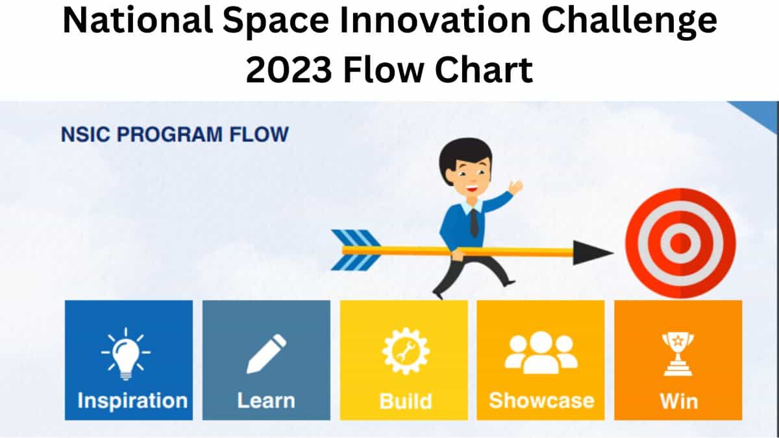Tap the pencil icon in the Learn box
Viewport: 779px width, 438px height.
pyautogui.click(x=266, y=354)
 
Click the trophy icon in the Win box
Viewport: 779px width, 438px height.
pyautogui.click(x=678, y=353)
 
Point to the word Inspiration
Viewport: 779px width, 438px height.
pyautogui.click(x=132, y=400)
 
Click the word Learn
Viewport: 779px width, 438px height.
pyautogui.click(x=266, y=400)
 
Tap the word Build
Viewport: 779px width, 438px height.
pyautogui.click(x=406, y=400)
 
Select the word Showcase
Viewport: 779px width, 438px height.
pyautogui.click(x=541, y=400)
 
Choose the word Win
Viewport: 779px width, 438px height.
pyautogui.click(x=678, y=400)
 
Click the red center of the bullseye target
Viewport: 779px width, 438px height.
pyautogui.click(x=680, y=244)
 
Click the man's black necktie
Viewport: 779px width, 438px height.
pyautogui.click(x=474, y=222)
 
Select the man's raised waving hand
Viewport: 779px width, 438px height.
pyautogui.click(x=516, y=187)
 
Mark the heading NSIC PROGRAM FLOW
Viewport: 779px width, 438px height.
pyautogui.click(x=174, y=135)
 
